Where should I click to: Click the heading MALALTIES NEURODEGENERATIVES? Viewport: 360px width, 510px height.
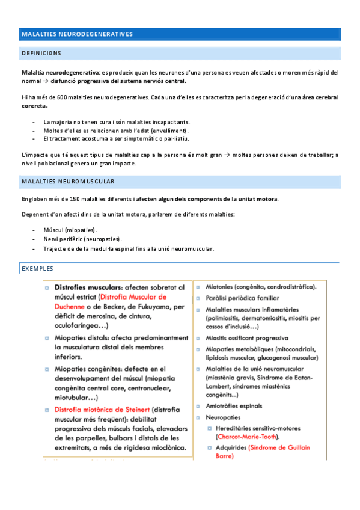click(x=77, y=34)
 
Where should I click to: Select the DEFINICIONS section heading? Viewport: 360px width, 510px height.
click(x=41, y=54)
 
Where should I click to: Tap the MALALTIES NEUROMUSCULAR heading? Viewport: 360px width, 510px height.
click(x=68, y=181)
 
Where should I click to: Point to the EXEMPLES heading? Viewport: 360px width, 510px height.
click(x=37, y=268)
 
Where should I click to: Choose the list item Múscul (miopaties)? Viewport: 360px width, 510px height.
click(x=70, y=230)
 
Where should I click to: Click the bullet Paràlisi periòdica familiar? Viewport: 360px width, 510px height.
click(x=242, y=298)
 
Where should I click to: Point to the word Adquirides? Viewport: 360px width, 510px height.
click(x=230, y=447)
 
